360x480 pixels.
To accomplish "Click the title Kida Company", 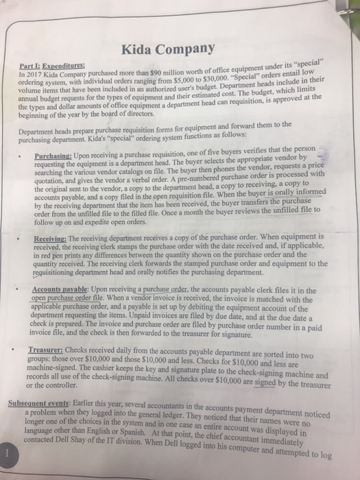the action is [x=168, y=49].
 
